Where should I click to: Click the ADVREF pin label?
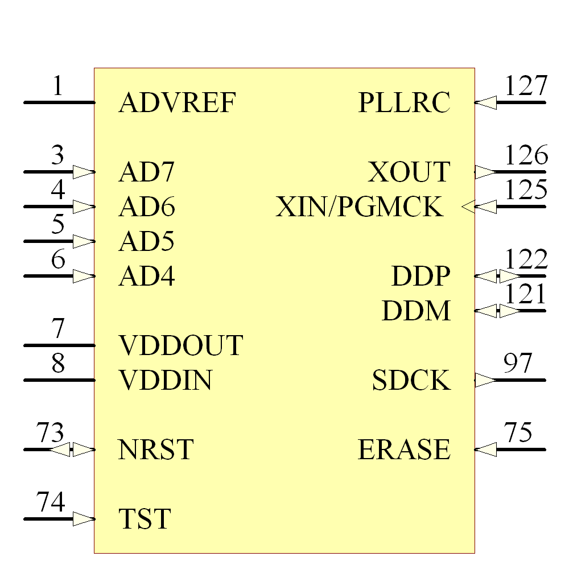coord(177,102)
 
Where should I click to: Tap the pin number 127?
coord(526,86)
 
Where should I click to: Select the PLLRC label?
coord(404,102)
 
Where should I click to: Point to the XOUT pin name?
coord(409,172)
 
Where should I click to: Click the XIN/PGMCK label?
coord(359,207)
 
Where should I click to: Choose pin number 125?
coord(526,189)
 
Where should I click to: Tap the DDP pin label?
coord(421,276)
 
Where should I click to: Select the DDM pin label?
coord(417,311)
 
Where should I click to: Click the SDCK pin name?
coord(411,380)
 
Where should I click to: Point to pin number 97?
coord(517,363)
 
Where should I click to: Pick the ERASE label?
coord(404,450)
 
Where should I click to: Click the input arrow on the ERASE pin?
coord(485,450)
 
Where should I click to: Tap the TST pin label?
coord(145,519)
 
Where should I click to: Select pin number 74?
coord(51,501)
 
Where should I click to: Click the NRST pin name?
coord(156,450)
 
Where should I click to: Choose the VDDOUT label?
coord(181,345)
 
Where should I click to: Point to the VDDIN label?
coord(165,380)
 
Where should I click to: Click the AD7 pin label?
coord(147,172)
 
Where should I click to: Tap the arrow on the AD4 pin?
coord(84,276)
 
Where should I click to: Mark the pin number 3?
coord(57,155)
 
